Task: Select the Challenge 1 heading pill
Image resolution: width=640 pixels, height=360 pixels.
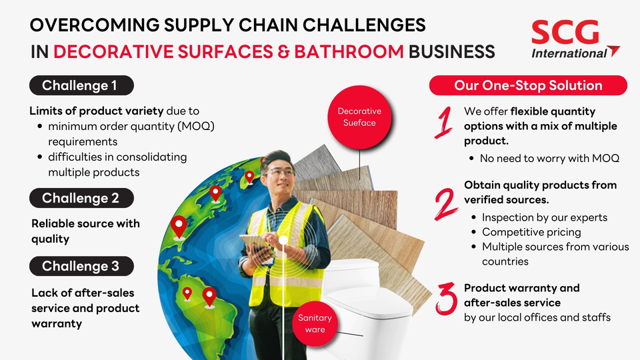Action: tap(81, 85)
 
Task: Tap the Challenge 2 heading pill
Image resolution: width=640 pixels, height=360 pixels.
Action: tap(81, 198)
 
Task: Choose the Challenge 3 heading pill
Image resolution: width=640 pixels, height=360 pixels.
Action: tap(81, 267)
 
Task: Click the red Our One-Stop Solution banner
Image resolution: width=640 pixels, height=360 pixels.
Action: tap(528, 85)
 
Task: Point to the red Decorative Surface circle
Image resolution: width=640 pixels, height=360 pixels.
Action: tap(359, 117)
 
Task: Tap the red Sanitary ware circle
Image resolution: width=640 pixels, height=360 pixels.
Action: tap(315, 323)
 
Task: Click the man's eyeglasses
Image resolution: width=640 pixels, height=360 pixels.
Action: tap(280, 173)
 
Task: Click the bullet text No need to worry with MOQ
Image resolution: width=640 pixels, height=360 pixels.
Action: tap(549, 159)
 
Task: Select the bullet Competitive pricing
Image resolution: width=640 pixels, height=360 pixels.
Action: tap(531, 232)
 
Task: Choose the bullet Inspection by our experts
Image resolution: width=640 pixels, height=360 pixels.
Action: tap(545, 217)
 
